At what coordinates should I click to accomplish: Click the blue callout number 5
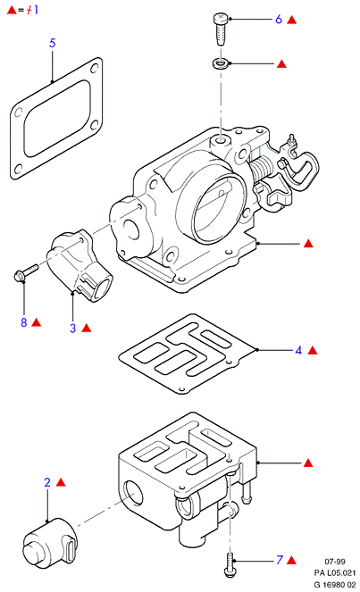[52, 43]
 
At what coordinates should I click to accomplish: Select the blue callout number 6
[279, 20]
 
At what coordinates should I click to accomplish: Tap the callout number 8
[24, 322]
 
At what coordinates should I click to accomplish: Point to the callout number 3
[73, 328]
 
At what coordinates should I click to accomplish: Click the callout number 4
[298, 350]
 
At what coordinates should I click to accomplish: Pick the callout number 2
[47, 482]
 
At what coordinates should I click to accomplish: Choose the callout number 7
[280, 560]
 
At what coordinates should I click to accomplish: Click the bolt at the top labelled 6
[221, 29]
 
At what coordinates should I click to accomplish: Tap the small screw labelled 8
[26, 273]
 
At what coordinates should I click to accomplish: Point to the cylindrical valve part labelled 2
[49, 543]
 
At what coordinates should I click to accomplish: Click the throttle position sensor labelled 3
[80, 266]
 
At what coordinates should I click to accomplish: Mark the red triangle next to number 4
[313, 351]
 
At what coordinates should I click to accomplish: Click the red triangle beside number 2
[61, 482]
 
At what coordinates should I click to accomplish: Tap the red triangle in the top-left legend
[12, 10]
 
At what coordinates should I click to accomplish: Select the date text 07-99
[335, 562]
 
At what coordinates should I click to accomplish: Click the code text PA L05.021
[335, 573]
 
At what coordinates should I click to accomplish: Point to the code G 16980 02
[335, 585]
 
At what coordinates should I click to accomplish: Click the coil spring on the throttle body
[261, 169]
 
